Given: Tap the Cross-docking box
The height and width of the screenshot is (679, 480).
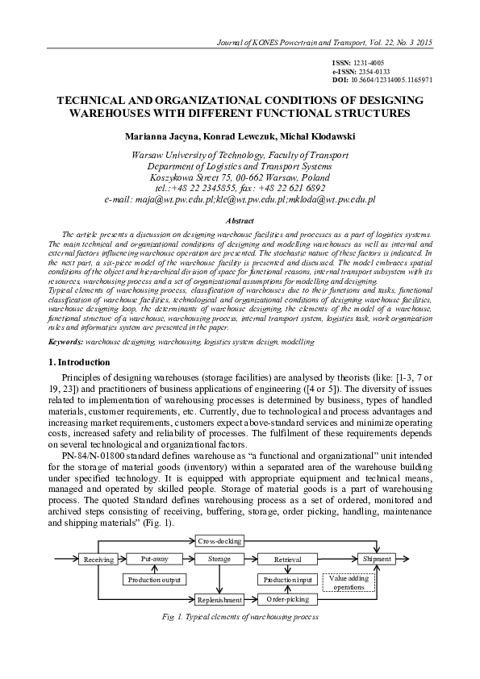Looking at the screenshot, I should click(219, 540).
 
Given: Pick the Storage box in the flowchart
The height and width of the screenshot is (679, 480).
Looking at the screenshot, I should click(219, 558).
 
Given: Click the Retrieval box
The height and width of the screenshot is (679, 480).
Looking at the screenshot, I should click(288, 559).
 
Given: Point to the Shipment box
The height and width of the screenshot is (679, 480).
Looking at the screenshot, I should click(377, 558).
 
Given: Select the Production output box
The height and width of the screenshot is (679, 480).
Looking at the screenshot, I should click(155, 579).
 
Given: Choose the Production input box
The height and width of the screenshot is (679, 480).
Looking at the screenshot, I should click(288, 579).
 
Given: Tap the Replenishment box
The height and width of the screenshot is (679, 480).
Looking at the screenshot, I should click(219, 599).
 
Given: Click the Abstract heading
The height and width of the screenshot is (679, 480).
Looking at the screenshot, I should click(240, 220).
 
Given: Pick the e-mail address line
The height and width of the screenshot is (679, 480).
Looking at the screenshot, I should click(240, 198).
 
